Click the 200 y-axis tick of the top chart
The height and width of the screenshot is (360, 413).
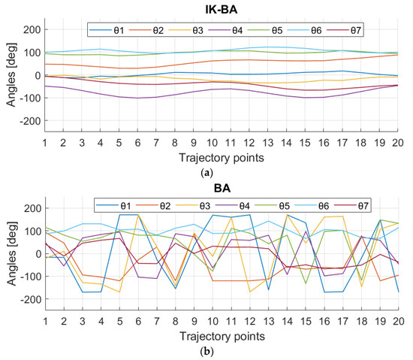click(x=32, y=30)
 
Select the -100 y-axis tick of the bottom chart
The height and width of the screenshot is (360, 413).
click(x=29, y=277)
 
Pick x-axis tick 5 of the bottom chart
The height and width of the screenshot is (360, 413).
click(x=119, y=322)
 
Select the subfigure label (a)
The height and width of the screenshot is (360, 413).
click(x=222, y=172)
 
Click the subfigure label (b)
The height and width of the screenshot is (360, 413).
click(x=222, y=351)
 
